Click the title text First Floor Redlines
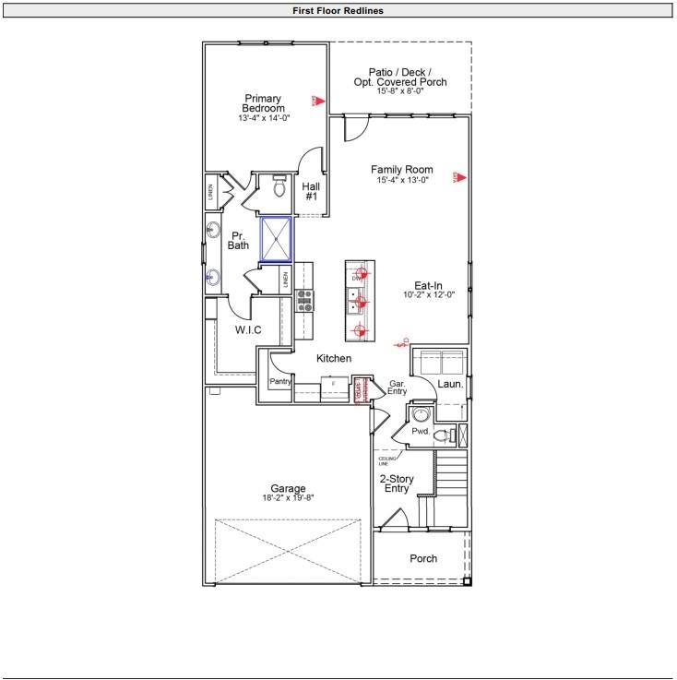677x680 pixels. point(338,11)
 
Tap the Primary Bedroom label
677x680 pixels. point(263,104)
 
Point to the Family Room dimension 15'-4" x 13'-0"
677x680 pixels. point(401,181)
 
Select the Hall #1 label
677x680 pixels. point(311,192)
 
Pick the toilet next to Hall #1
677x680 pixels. point(280,187)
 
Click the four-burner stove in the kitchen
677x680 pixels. point(304,299)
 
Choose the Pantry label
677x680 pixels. point(280,381)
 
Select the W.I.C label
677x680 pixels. point(248,329)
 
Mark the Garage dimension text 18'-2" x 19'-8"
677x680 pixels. point(288,498)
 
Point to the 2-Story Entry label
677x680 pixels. point(397,483)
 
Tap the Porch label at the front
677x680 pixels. point(423,558)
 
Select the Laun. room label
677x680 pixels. point(450,383)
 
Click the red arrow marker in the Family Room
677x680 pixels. point(457,177)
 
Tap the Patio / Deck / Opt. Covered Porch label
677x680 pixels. point(400,77)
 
